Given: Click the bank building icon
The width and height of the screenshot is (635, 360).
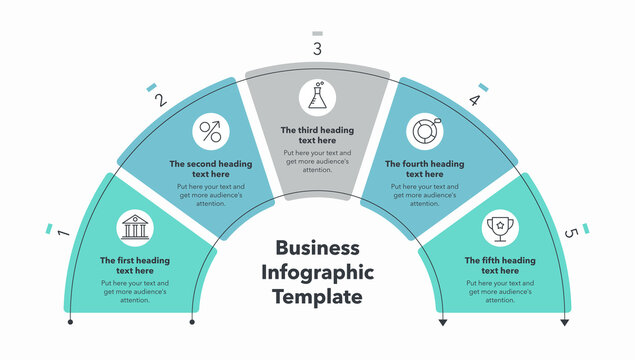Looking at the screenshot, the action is [x=135, y=228].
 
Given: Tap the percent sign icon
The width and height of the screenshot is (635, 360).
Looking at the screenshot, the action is [x=211, y=131].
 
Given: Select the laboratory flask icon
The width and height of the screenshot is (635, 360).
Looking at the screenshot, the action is [x=317, y=98].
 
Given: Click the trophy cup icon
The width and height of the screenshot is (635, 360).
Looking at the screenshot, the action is [x=499, y=228].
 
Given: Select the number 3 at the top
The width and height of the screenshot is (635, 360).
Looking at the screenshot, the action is [x=317, y=49].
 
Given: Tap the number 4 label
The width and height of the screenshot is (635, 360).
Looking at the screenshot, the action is [x=474, y=99].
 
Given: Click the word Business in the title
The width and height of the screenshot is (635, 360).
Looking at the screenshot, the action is [x=317, y=248].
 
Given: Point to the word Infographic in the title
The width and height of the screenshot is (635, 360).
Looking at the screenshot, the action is [x=317, y=272].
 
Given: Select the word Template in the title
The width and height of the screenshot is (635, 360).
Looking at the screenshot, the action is [x=317, y=296].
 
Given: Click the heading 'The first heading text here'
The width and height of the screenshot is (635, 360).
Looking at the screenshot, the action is [x=135, y=265].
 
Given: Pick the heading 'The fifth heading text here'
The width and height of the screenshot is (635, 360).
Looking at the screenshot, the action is [x=499, y=265].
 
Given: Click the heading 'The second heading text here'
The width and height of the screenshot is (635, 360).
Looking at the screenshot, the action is [x=211, y=168].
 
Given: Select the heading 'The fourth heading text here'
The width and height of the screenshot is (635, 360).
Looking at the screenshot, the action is [x=424, y=168].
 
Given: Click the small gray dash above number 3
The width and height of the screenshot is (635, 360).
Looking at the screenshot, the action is [x=317, y=32].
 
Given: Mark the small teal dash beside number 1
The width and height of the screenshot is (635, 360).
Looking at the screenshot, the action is [x=49, y=229].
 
